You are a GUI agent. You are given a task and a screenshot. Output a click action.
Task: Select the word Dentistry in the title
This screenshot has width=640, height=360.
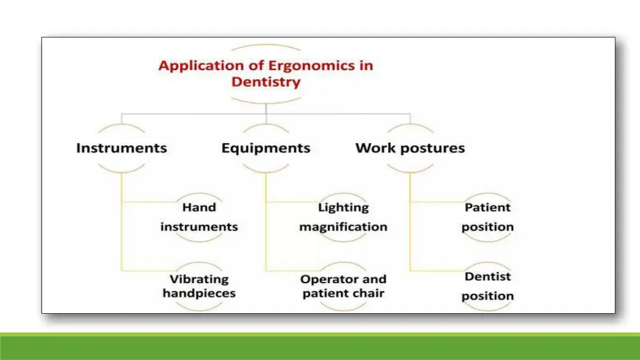coord(266,82)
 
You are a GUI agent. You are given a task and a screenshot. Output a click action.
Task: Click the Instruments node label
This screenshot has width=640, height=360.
coord(121,148)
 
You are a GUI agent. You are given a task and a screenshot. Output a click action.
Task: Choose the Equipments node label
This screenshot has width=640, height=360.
coord(266,148)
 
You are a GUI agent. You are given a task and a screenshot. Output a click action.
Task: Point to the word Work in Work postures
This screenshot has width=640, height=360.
coord(372,148)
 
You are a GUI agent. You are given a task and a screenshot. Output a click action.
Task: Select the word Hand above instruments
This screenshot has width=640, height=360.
coord(199,207)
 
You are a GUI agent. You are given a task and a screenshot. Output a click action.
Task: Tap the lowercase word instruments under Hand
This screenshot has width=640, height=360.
coord(199,226)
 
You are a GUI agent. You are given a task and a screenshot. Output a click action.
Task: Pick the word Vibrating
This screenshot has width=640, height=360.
coord(199,279)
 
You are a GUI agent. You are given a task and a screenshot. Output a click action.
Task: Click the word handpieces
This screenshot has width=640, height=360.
coord(199,293)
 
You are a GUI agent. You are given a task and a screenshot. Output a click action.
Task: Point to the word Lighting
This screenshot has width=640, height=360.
coord(343,207)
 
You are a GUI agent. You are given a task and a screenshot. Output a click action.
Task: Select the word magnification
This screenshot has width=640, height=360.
coord(343,227)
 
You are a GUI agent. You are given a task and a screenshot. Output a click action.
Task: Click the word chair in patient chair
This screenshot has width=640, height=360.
coord(369,293)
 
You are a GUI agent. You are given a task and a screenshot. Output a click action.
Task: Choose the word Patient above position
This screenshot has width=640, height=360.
coord(487,207)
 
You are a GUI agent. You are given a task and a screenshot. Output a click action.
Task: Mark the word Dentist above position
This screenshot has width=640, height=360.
coord(487,276)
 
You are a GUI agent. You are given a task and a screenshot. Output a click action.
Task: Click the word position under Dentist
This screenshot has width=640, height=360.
coord(487,296)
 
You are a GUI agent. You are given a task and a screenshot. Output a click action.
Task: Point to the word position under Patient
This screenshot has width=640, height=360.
coord(487,227)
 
